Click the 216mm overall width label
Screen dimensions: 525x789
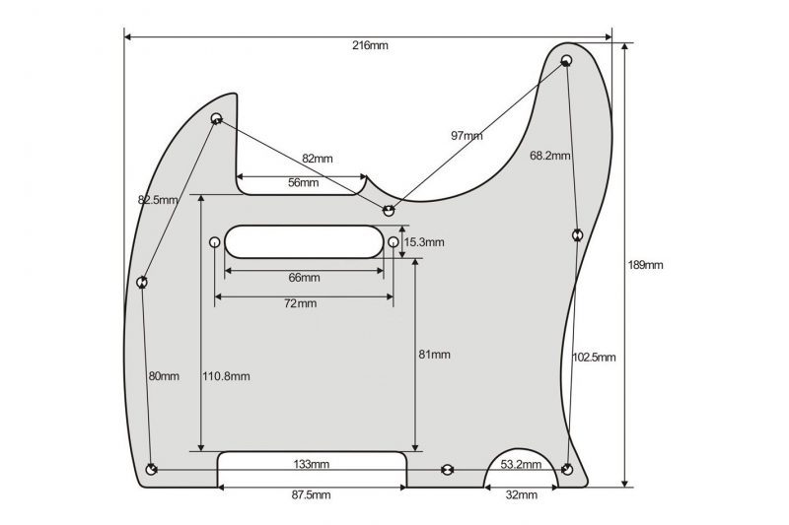coord(370,47)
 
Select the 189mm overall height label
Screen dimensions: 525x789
coord(647,265)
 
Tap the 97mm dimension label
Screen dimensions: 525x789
coord(466,135)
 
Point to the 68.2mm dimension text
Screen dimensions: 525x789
coord(548,155)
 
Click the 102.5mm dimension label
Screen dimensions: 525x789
coord(594,357)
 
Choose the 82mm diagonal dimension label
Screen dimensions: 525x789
coord(318,159)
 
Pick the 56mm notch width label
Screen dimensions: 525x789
coord(303,182)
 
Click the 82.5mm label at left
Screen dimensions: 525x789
coord(159,200)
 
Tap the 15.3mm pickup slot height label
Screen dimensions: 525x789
coord(425,242)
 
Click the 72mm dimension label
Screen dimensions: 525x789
coord(300,303)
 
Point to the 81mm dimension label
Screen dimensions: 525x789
coord(434,355)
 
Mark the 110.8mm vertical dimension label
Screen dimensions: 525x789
coord(226,376)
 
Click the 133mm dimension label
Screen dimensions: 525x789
coord(312,463)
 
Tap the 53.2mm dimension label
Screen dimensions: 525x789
coord(522,463)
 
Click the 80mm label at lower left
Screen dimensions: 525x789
coord(164,376)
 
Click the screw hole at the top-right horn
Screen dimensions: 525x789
coord(567,61)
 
